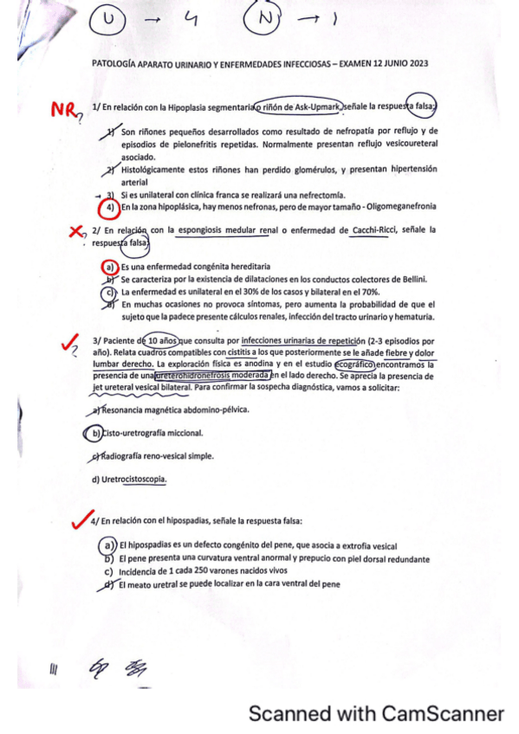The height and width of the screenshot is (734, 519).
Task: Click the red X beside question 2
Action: coord(76,231)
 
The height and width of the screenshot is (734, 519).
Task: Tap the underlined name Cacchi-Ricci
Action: coord(378,229)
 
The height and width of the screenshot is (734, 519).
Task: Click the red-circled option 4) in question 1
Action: coord(110,208)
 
